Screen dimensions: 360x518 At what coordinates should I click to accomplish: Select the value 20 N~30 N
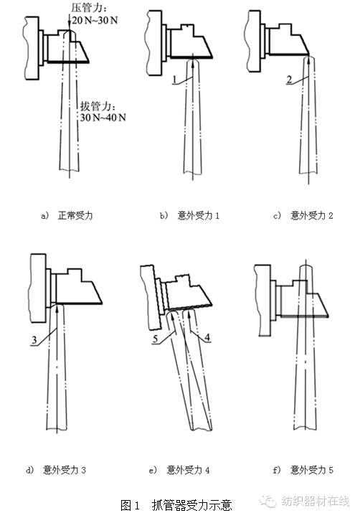tap(95, 20)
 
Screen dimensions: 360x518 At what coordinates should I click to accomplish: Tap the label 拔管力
tap(95, 106)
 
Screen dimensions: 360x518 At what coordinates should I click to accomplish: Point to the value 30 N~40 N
tap(103, 117)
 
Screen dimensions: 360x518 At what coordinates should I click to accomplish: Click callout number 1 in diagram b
tap(175, 80)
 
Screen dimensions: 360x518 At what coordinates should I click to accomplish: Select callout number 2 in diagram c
tap(289, 80)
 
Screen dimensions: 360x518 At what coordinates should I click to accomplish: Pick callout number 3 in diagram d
tap(34, 340)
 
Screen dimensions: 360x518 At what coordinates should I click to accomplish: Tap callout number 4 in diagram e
tap(207, 337)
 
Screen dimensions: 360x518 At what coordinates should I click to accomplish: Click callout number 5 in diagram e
tap(155, 339)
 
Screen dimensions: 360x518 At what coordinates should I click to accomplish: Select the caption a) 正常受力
tap(67, 216)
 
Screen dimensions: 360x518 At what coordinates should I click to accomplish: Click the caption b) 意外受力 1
tap(190, 216)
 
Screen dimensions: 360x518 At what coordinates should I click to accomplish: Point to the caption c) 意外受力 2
tap(303, 216)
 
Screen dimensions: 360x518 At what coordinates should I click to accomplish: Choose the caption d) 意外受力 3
tap(56, 470)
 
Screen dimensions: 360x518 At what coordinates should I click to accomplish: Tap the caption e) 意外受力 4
tap(179, 470)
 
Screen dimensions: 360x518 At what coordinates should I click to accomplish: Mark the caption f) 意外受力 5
tap(303, 470)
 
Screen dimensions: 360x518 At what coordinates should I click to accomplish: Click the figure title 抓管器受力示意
tap(192, 505)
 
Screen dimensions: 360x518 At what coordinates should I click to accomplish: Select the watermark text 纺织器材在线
tap(316, 501)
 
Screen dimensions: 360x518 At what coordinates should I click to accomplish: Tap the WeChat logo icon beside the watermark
tap(267, 501)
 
